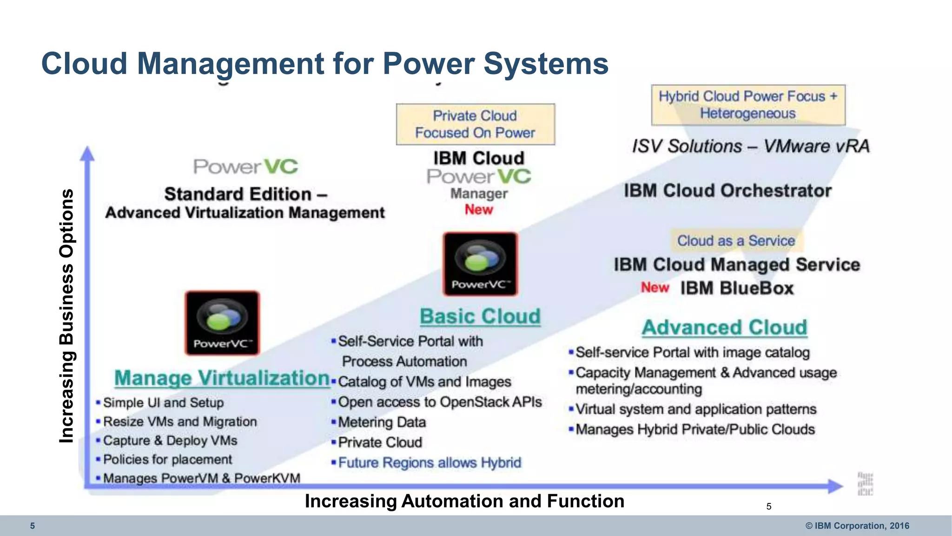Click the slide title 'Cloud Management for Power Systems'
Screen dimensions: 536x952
point(325,63)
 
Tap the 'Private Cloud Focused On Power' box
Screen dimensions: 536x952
point(475,124)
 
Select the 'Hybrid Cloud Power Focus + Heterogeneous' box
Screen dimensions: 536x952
point(748,105)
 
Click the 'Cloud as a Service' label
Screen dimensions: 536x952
point(736,241)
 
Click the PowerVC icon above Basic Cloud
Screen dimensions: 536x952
point(480,264)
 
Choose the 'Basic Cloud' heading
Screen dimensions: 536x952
point(480,316)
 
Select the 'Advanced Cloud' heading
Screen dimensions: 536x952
point(724,328)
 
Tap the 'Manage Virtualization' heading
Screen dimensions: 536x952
point(222,378)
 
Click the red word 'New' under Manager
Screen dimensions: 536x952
point(479,210)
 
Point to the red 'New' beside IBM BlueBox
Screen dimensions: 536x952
point(655,288)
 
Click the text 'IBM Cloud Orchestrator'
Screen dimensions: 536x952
point(727,191)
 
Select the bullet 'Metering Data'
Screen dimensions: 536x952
point(382,422)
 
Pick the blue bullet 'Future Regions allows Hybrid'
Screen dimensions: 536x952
point(430,462)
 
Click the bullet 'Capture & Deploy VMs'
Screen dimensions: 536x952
point(170,440)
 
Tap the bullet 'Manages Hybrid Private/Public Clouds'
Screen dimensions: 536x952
point(695,429)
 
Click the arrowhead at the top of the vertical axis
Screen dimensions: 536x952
point(87,154)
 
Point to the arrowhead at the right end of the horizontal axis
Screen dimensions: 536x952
point(835,486)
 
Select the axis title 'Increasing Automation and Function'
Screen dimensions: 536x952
point(464,501)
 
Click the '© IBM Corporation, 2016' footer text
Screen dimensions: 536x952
point(857,526)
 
